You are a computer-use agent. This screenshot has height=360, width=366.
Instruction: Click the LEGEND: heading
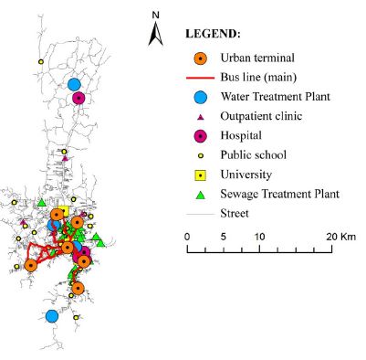click(213, 33)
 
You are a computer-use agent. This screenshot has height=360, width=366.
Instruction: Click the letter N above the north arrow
click(156, 16)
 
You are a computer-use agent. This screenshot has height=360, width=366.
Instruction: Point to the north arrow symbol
click(156, 35)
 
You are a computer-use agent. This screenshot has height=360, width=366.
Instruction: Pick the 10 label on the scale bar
click(260, 236)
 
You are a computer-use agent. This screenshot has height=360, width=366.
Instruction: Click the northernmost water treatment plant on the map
click(74, 85)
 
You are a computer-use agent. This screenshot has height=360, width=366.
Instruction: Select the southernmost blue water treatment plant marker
click(52, 315)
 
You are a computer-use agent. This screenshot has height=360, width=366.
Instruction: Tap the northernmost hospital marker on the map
click(78, 98)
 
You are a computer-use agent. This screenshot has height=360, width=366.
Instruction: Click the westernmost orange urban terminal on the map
click(30, 265)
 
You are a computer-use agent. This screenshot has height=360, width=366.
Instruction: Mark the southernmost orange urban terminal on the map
click(78, 288)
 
